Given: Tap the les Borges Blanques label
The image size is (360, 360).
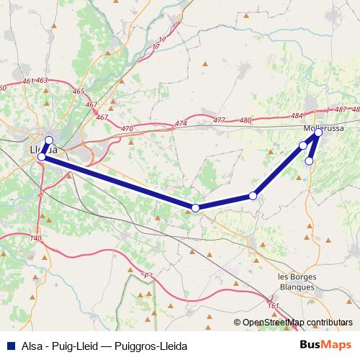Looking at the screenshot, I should [x=296, y=282].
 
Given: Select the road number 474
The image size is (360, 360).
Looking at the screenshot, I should [x=180, y=125].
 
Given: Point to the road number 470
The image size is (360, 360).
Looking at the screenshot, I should [x=128, y=128].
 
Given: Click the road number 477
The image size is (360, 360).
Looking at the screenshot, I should [x=220, y=120].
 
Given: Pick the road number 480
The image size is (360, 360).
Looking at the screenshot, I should [x=246, y=120].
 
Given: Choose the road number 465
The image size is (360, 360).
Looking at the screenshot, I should [x=78, y=91].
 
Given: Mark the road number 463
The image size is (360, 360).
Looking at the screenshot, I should [x=41, y=81].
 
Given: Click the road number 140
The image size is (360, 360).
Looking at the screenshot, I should [x=37, y=238].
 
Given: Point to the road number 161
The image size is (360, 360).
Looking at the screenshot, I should [x=273, y=306].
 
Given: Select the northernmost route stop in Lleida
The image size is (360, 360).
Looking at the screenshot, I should [x=49, y=140].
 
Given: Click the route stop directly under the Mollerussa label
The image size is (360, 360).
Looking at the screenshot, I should [x=318, y=132].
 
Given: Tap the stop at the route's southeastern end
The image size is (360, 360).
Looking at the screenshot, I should [x=309, y=161].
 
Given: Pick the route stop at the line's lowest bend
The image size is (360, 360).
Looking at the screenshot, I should [x=195, y=208].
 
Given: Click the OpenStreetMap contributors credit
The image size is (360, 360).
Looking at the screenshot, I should [x=297, y=323].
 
